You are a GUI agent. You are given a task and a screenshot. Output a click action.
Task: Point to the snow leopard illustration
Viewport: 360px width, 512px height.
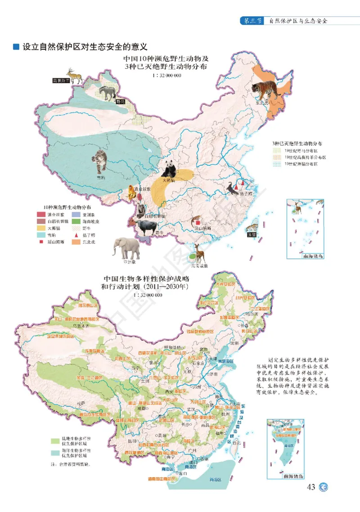99,162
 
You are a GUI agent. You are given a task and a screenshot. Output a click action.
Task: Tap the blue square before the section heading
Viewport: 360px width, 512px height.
16,47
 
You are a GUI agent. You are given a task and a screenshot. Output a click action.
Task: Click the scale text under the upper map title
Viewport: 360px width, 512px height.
166,75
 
